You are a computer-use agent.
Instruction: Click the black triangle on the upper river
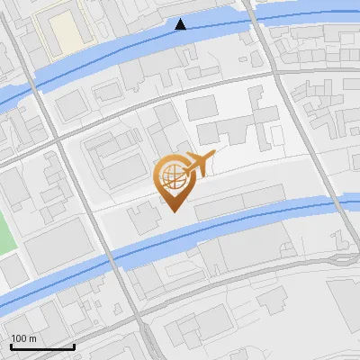click(181, 24)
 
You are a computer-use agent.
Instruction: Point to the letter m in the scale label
click(32, 338)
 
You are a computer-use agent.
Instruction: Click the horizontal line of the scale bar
click(41, 346)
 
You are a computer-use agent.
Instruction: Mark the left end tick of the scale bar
click(10, 345)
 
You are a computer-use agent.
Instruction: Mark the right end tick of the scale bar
click(74, 345)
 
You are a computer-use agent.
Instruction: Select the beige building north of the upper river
click(67, 31)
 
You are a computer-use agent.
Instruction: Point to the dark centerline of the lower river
click(225, 230)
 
